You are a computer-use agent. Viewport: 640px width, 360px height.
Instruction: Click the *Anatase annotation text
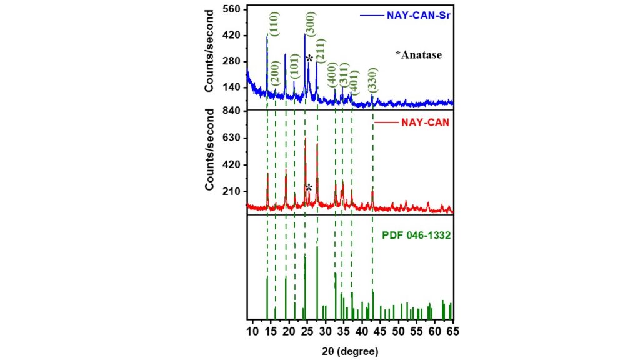(418, 55)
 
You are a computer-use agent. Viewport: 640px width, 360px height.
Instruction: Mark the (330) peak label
(373, 79)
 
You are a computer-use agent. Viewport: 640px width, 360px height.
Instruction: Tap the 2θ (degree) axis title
(351, 351)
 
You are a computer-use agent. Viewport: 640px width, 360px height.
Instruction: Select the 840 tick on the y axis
(231, 111)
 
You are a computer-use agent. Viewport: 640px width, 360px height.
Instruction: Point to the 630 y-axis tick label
(231, 138)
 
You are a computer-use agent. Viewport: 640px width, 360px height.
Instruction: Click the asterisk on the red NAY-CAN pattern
(309, 187)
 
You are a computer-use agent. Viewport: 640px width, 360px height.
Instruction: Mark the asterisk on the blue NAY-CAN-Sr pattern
(309, 58)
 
